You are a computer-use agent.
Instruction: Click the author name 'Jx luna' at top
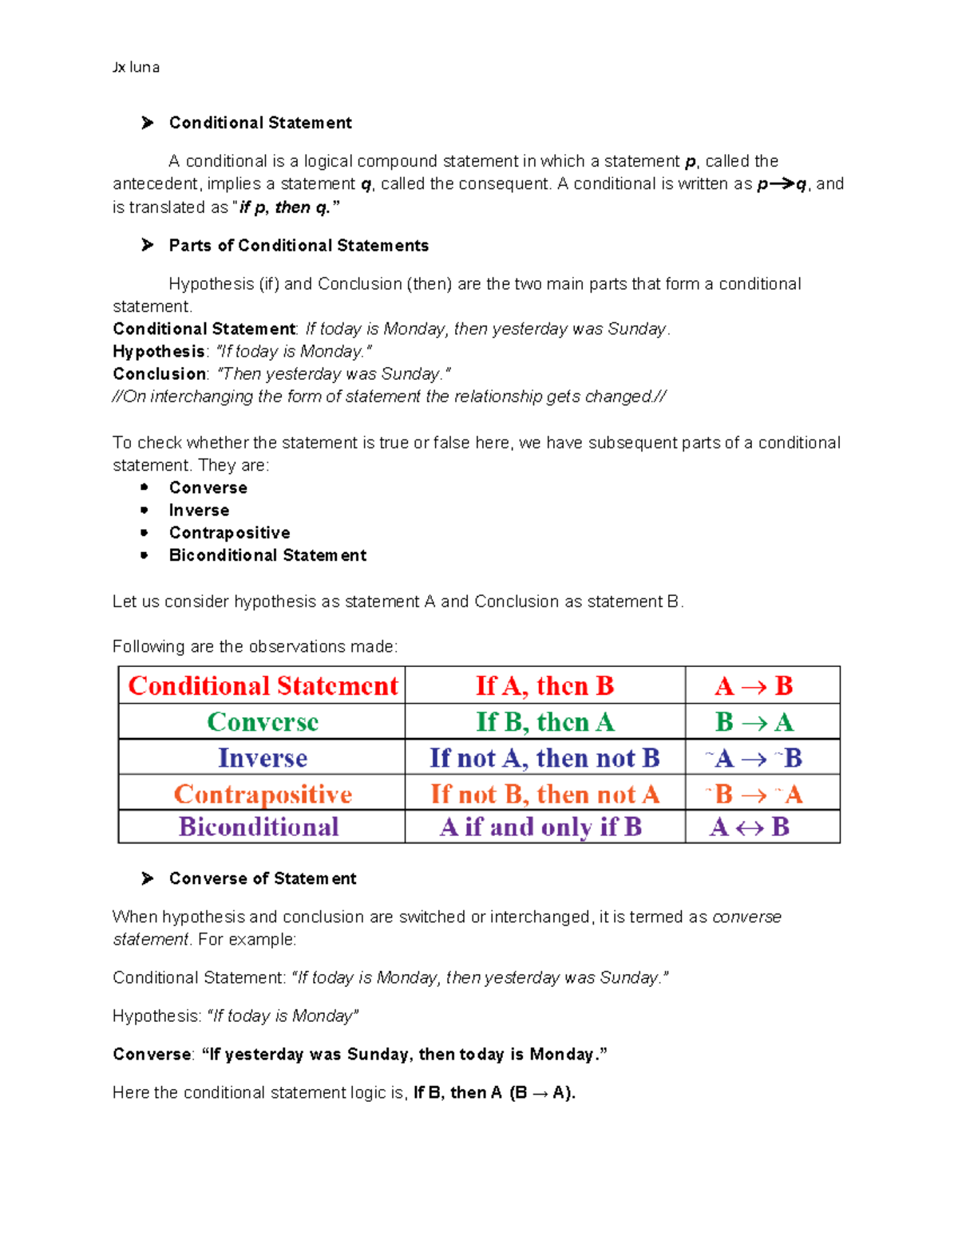(x=136, y=68)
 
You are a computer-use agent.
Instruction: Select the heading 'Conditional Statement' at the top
(x=260, y=123)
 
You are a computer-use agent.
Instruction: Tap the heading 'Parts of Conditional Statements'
(x=299, y=246)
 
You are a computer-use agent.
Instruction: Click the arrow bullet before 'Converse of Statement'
(x=148, y=878)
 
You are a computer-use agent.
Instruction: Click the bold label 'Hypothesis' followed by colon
(x=159, y=352)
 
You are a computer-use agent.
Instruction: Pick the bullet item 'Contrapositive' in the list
(x=229, y=533)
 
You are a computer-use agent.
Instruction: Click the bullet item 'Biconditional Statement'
(x=267, y=555)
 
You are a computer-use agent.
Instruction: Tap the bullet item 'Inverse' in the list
(x=199, y=511)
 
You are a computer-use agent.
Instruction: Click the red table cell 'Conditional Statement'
(x=263, y=686)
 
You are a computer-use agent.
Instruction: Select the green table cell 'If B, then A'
(x=545, y=722)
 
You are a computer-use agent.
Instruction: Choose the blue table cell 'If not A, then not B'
(x=544, y=758)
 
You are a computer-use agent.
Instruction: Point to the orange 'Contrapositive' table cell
(x=263, y=794)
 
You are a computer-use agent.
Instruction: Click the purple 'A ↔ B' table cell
(x=750, y=827)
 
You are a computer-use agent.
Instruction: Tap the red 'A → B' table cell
(x=754, y=686)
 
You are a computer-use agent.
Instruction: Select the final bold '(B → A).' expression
(x=542, y=1093)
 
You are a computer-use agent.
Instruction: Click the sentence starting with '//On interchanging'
(x=389, y=397)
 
